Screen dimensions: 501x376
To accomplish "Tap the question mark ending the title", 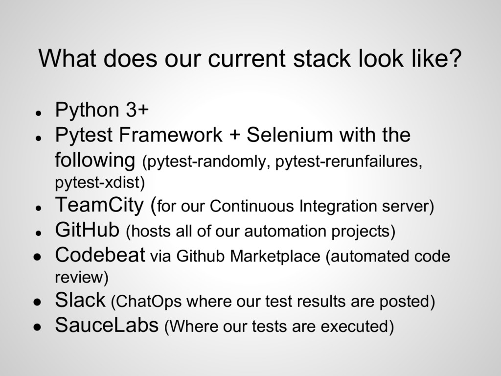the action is (455, 59).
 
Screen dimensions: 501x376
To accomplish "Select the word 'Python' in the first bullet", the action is (87, 111).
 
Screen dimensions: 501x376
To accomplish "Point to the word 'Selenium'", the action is (287, 135).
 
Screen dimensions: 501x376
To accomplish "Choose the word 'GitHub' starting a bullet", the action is (87, 229).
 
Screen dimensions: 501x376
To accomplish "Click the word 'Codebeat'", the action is (100, 255).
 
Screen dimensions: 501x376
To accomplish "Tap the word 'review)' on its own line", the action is (81, 278).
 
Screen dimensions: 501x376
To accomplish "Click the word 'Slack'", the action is (80, 300).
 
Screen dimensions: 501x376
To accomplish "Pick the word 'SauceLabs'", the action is (107, 325).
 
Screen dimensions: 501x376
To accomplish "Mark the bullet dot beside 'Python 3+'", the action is (37, 112).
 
